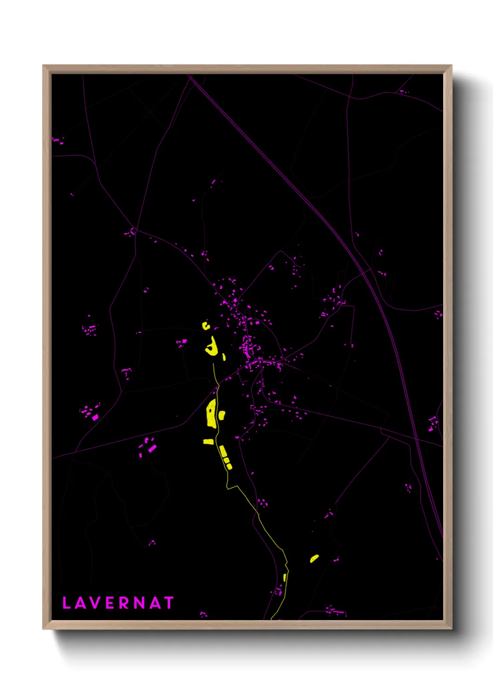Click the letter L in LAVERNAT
click(x=66, y=603)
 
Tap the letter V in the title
click(x=94, y=603)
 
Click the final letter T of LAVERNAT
click(x=169, y=603)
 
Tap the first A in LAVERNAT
click(x=79, y=603)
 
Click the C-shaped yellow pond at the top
click(x=205, y=325)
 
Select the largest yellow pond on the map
click(x=211, y=414)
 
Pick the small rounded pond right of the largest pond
click(x=222, y=414)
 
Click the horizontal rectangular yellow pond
click(x=208, y=441)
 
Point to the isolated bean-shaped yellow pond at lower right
click(x=315, y=558)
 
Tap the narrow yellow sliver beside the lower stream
click(x=285, y=578)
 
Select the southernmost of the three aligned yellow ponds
click(x=229, y=466)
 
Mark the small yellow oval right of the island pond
click(x=224, y=357)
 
